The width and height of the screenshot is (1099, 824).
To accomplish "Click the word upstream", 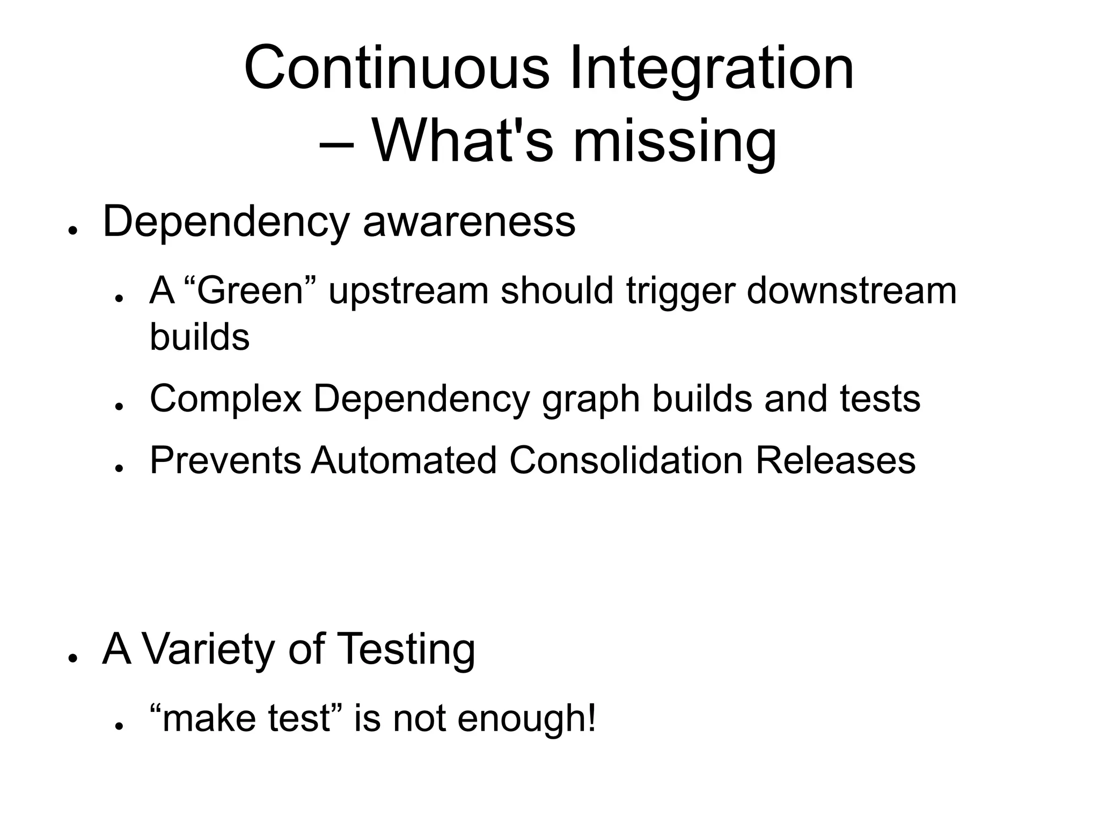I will pos(408,292).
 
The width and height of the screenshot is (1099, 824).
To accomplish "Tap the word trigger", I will pos(680,292).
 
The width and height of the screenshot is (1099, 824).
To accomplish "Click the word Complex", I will pos(225,400).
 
